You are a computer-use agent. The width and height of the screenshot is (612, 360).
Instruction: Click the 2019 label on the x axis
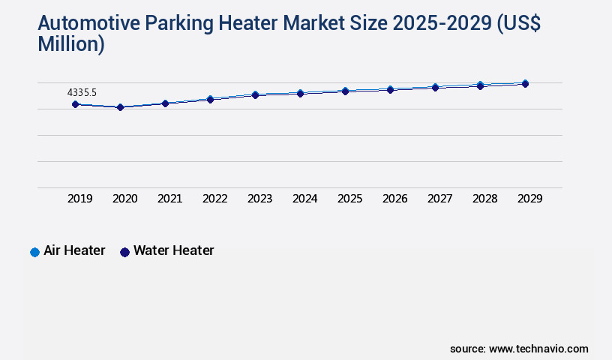(79, 199)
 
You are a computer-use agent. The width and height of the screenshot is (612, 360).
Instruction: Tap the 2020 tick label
(124, 199)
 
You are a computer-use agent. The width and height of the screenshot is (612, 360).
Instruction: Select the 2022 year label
(214, 199)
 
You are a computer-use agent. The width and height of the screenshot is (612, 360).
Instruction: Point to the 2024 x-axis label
(304, 199)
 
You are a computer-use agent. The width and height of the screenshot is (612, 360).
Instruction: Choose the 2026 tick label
(394, 199)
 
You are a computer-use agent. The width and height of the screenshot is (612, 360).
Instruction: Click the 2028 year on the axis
(484, 199)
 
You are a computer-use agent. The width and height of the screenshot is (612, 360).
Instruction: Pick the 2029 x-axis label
(529, 199)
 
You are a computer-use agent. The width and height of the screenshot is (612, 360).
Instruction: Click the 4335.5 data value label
(82, 93)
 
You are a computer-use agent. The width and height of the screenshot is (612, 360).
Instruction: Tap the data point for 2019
(75, 104)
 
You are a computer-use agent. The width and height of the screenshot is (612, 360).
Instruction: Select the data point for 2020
(120, 107)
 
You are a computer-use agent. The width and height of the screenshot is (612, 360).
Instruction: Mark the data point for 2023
(255, 94)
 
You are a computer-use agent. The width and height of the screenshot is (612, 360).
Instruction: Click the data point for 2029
(525, 83)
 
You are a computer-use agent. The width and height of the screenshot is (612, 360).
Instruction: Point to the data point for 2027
(435, 87)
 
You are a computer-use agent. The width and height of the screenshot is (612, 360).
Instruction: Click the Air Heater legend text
(74, 250)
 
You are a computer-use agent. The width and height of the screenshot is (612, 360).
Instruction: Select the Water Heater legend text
(173, 250)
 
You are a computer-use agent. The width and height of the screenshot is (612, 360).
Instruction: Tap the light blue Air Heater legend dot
(34, 252)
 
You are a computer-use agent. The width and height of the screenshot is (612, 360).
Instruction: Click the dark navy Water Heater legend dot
(124, 252)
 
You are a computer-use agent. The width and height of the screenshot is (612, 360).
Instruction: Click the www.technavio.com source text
(538, 349)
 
